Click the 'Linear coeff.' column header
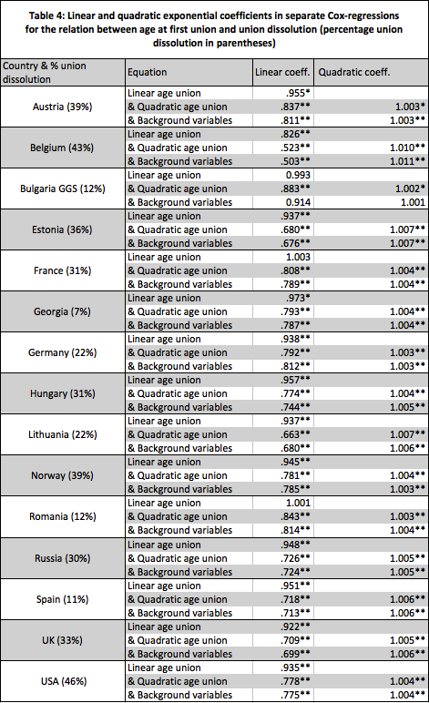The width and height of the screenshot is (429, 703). tap(283, 71)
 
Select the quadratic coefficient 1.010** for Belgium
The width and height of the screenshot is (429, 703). tap(402, 147)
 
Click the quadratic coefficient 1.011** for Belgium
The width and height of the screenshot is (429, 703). tap(402, 160)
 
